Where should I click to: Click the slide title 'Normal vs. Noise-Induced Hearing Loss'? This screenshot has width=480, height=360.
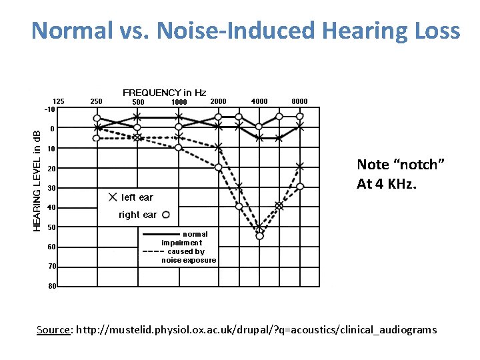click(x=245, y=31)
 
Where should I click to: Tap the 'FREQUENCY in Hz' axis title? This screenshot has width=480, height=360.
click(x=164, y=93)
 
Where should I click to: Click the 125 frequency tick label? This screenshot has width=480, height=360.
click(x=59, y=101)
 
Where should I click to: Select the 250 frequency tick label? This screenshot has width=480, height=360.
click(x=96, y=101)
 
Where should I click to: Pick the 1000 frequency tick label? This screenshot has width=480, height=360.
click(x=179, y=102)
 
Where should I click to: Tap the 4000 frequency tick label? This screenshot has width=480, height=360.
click(x=259, y=101)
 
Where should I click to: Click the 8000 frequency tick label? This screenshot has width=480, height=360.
click(x=300, y=101)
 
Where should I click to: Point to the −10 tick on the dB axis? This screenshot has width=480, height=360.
click(x=49, y=109)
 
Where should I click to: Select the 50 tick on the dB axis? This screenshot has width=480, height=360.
click(x=51, y=227)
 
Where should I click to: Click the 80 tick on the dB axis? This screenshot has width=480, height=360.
click(x=51, y=287)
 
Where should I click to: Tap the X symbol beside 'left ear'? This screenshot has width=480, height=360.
click(x=111, y=197)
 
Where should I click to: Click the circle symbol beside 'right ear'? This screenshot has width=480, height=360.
click(x=166, y=215)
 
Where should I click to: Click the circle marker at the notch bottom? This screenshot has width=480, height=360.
click(x=259, y=235)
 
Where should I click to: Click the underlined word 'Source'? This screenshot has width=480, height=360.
click(x=54, y=329)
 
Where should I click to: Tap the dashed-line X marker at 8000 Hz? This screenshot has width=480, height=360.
click(x=300, y=166)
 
